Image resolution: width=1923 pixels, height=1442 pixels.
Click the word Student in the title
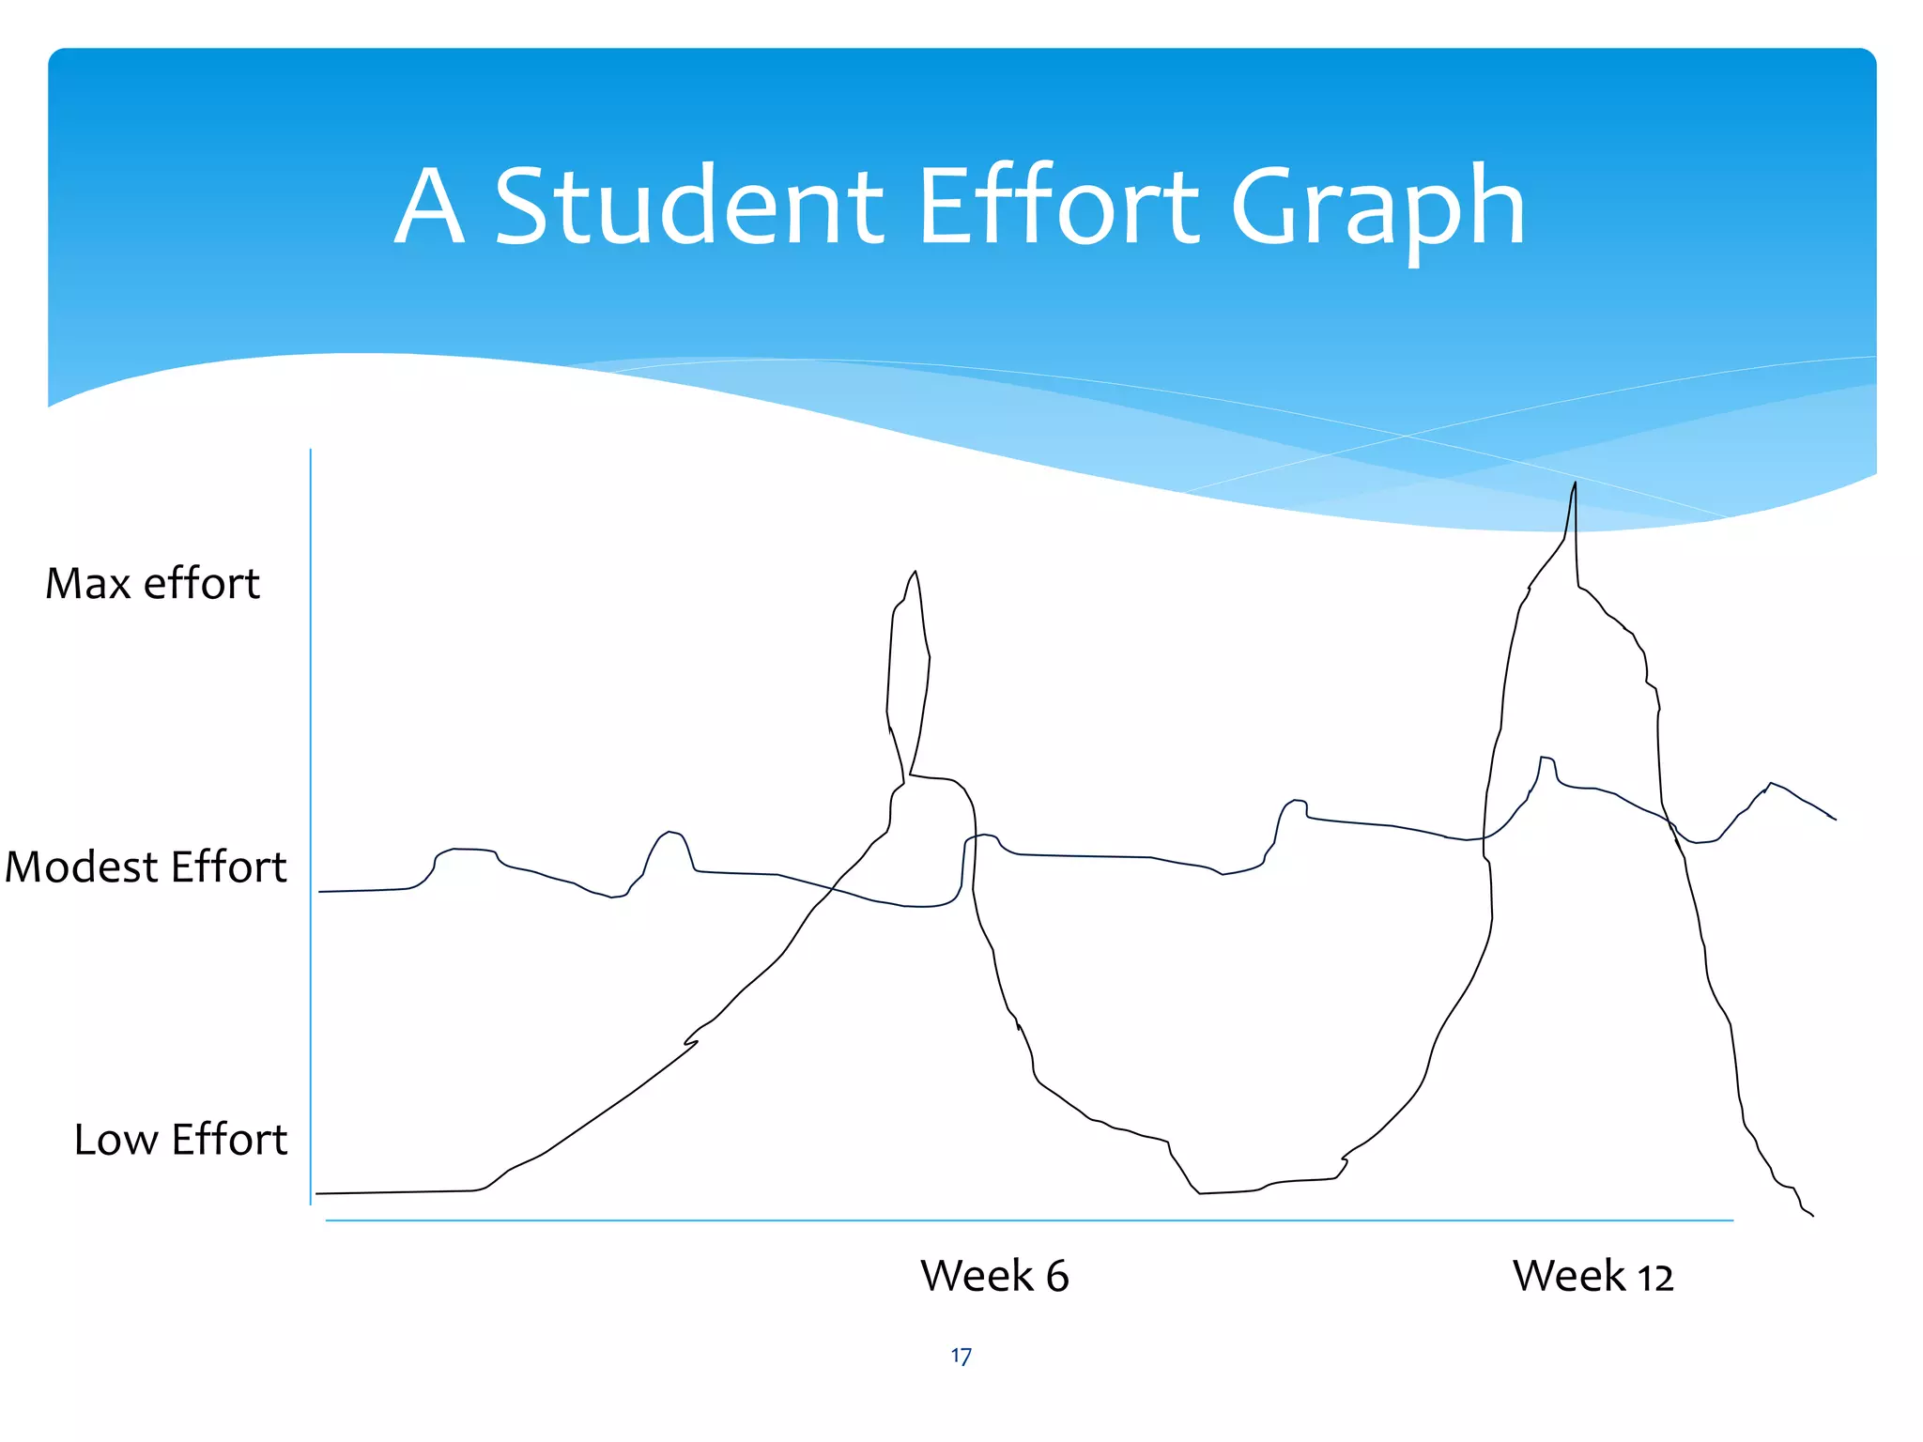click(688, 206)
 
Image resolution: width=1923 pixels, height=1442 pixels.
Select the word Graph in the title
click(1377, 208)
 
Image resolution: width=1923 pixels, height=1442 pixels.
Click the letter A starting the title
click(429, 207)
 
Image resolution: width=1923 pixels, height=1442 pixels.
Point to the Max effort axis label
click(152, 584)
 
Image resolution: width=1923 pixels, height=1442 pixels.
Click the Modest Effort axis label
click(146, 867)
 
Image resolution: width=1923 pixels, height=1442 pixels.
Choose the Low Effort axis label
click(180, 1140)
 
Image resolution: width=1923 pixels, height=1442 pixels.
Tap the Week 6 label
click(994, 1276)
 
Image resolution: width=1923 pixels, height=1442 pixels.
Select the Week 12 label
click(1592, 1276)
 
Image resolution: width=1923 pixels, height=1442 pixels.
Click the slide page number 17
click(961, 1356)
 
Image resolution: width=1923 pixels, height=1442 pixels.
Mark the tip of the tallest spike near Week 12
click(1575, 483)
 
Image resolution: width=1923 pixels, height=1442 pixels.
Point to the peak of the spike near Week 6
click(915, 571)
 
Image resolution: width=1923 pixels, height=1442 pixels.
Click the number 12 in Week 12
click(1655, 1278)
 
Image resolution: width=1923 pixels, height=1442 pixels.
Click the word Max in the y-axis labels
click(89, 584)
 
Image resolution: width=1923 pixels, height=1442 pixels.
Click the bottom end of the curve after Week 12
click(1812, 1216)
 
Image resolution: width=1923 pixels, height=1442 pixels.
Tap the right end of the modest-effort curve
click(1836, 820)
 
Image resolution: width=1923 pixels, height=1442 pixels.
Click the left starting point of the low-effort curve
click(316, 1193)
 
